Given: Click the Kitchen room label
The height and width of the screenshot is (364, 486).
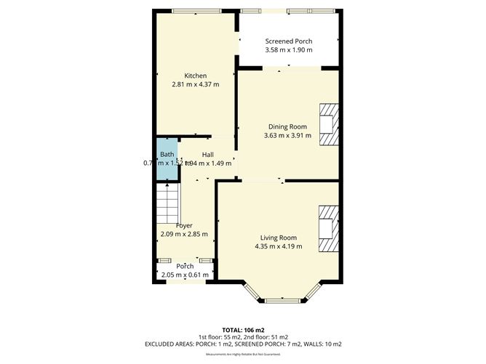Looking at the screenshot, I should (195, 76).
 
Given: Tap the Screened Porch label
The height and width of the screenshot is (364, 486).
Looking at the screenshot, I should (289, 41).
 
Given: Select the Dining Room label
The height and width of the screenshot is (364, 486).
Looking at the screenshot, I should (287, 126).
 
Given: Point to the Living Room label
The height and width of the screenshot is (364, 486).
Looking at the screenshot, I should (279, 238).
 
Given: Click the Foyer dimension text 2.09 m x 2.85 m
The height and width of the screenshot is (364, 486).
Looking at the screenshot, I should (184, 234).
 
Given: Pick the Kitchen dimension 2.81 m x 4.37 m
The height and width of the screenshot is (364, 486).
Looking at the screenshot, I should (195, 85).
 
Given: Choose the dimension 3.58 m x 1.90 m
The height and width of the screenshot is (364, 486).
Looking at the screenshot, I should (289, 51).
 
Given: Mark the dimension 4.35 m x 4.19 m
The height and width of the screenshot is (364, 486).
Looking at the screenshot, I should (279, 247).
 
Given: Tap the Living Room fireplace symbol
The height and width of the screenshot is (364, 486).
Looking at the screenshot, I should (328, 229).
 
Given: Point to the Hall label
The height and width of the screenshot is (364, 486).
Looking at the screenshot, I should (207, 154).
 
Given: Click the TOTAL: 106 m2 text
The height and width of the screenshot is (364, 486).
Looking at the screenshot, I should (243, 329).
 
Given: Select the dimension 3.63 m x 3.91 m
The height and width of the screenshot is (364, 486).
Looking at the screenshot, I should (287, 136).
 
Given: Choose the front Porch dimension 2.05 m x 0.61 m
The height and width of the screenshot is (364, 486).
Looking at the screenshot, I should (184, 275).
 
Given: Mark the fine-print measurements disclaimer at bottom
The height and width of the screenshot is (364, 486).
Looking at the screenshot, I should (243, 354).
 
